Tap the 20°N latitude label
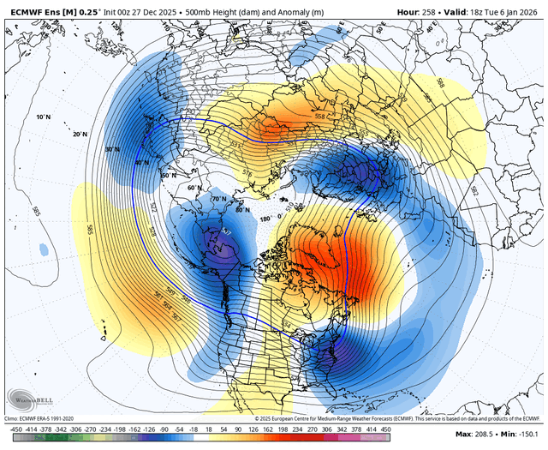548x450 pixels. point(80,134)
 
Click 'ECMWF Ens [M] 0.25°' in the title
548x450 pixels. point(47,10)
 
